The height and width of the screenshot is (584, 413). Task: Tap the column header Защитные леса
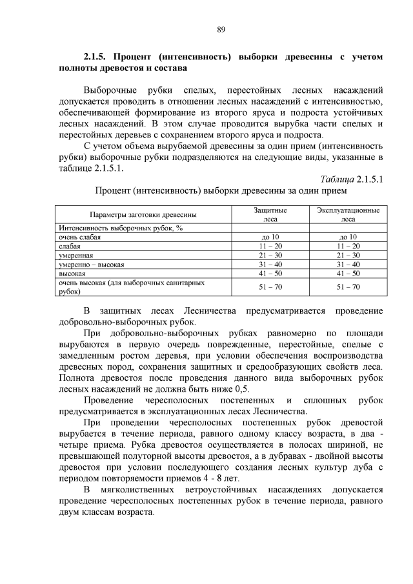tap(270, 214)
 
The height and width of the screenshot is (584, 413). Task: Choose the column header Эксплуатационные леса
tap(348, 214)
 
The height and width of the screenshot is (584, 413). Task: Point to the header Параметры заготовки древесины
tap(143, 214)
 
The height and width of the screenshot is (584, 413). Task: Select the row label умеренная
tap(76, 256)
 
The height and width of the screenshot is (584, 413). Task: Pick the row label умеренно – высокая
tap(91, 265)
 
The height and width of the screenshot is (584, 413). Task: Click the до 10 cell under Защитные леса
tap(270, 237)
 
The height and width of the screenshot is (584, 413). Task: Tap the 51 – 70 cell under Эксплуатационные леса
tap(348, 287)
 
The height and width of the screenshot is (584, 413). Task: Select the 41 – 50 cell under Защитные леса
tap(270, 274)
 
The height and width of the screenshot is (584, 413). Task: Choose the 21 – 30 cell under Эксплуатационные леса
tap(348, 256)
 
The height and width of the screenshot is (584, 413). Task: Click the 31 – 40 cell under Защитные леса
tap(270, 265)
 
